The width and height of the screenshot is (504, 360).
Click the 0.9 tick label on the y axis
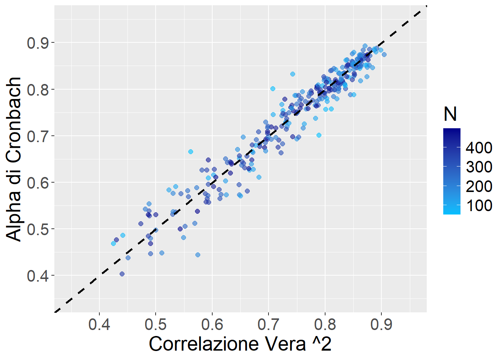38,43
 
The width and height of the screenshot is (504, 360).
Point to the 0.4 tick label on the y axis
38,276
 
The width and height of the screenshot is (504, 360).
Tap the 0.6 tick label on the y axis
38,183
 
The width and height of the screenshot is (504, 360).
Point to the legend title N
450,114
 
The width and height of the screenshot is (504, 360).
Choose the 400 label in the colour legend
479,148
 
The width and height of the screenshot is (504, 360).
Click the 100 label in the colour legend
479,205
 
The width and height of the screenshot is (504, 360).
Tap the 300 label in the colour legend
479,167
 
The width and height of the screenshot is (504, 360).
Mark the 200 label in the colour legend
479,186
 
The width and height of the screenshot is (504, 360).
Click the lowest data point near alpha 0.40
122,274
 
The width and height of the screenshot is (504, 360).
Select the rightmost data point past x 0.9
384,55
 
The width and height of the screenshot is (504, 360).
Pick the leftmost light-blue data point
113,243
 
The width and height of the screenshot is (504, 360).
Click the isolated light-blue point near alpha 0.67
190,152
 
